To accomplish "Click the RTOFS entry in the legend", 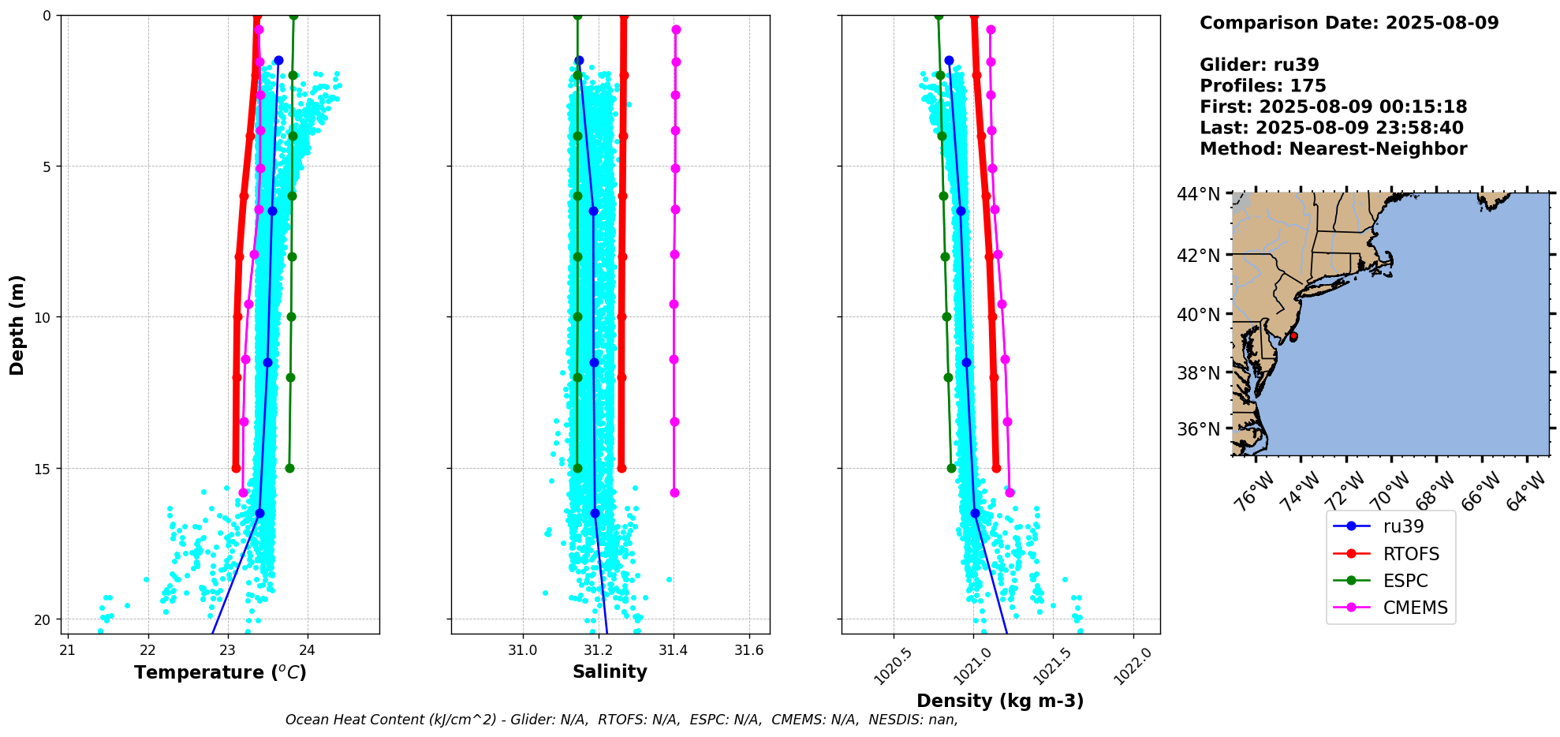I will pos(1410,554).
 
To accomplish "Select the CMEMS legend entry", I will pos(1415,608).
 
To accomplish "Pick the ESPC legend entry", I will pos(1405,581).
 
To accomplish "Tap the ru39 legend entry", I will pos(1403,526).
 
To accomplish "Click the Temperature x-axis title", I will pos(220,672).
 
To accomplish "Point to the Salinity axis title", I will pos(610,672).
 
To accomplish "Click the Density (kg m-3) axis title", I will pos(1000,701).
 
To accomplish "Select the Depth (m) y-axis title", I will pos(17,324).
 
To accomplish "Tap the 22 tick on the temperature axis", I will pos(147,650).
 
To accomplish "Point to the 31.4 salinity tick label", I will pos(673,650).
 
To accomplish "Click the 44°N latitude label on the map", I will pos(1198,194).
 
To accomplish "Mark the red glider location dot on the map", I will pos(1293,337).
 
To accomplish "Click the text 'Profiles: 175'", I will pos(1263,86).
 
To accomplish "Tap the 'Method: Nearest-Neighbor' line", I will pos(1333,149).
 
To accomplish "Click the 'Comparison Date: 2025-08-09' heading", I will pos(1349,23).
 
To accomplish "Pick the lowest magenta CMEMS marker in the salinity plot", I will pos(674,492).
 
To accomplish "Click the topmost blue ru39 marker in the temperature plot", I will pos(278,61).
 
